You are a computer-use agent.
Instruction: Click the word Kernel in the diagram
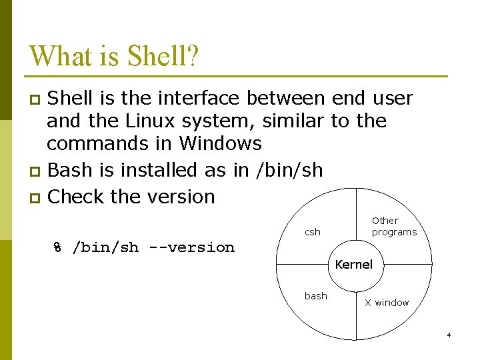(x=353, y=265)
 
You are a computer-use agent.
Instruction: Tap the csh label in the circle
(x=313, y=232)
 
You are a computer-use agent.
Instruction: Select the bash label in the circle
(x=315, y=296)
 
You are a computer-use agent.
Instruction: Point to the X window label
(x=387, y=303)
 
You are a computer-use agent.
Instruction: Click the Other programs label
(x=393, y=227)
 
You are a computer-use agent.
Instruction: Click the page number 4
(x=449, y=335)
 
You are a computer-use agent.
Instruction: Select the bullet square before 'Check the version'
(x=37, y=198)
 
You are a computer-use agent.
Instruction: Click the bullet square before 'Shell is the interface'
(x=37, y=100)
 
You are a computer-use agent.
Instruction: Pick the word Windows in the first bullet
(x=221, y=144)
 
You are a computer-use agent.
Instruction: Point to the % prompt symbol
(x=57, y=248)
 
